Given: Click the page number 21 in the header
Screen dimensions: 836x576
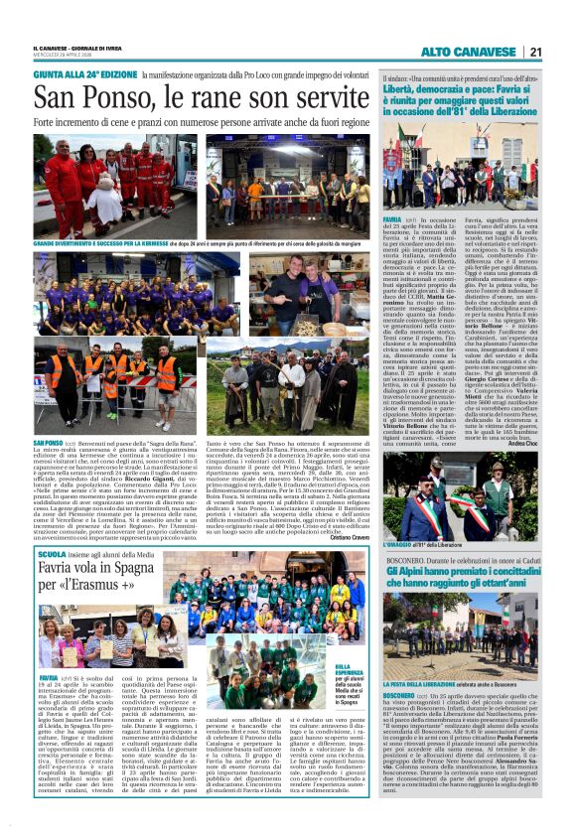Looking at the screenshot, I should click(x=534, y=52).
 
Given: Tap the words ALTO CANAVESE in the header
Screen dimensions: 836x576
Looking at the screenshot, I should click(x=468, y=52).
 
